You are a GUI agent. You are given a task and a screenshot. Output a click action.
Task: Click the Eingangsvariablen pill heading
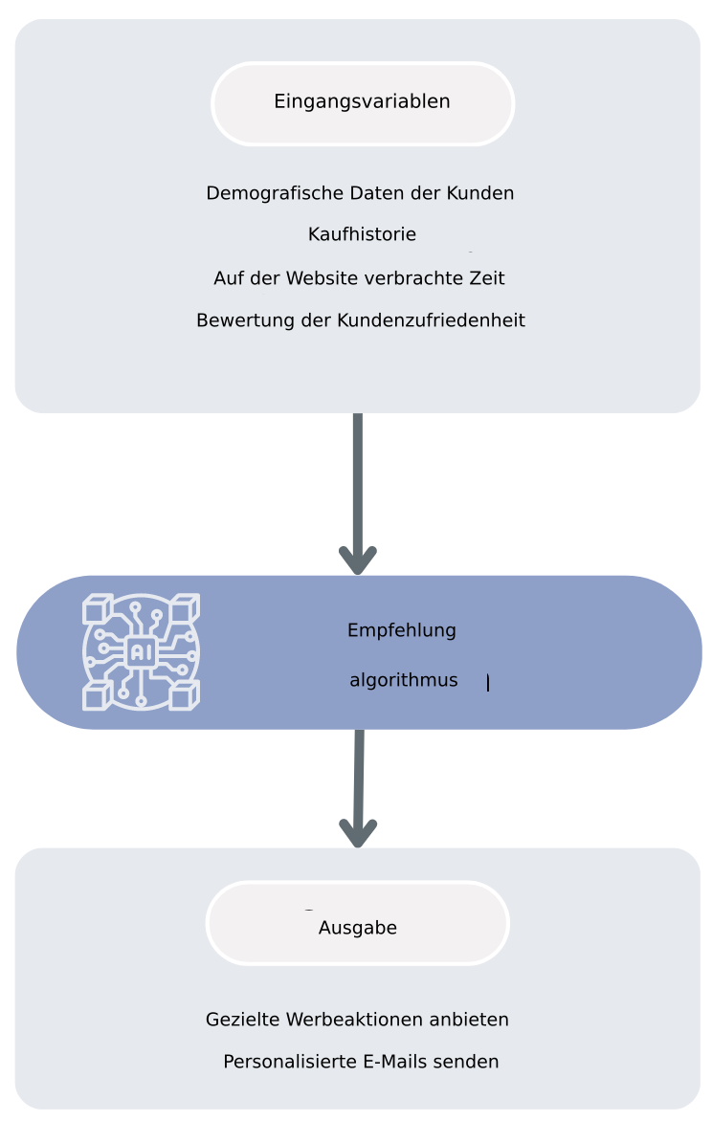pyautogui.click(x=362, y=102)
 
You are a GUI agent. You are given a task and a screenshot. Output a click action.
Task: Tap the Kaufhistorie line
pyautogui.click(x=362, y=234)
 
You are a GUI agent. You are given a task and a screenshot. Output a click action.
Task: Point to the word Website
pyautogui.click(x=321, y=278)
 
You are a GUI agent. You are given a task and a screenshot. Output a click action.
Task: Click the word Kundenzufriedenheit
pyautogui.click(x=431, y=320)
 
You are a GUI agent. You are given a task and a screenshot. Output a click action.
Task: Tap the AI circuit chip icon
pyautogui.click(x=141, y=651)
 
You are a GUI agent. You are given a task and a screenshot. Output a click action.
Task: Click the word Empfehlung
pyautogui.click(x=401, y=631)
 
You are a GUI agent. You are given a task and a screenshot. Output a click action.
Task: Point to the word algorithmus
pyautogui.click(x=403, y=681)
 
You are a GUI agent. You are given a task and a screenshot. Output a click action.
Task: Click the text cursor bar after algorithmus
pyautogui.click(x=488, y=683)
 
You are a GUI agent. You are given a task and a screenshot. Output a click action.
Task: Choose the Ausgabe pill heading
pyautogui.click(x=357, y=928)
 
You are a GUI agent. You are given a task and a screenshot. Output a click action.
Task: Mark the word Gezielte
pyautogui.click(x=242, y=1020)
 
